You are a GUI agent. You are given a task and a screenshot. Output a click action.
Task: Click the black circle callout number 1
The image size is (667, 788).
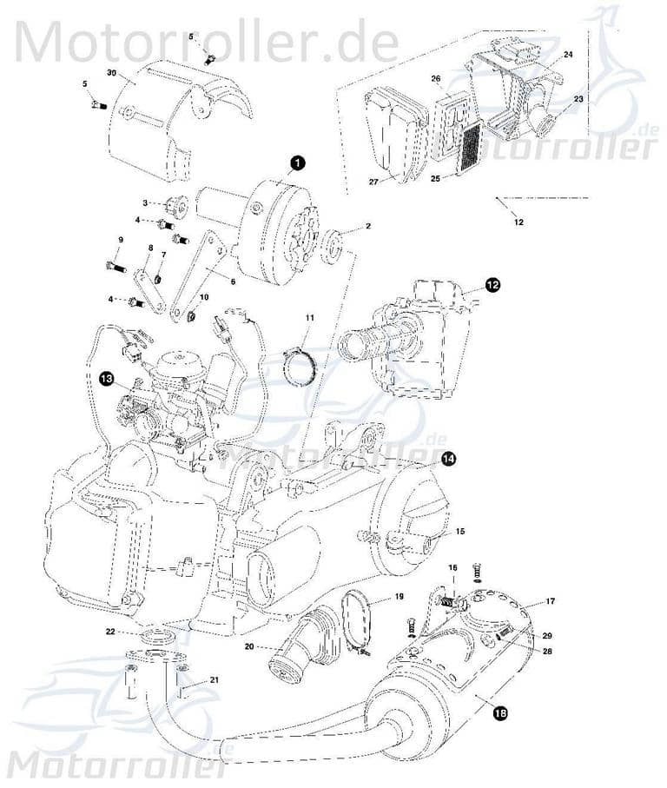coord(296,162)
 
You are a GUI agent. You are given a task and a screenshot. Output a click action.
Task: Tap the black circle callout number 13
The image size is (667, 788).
coord(106,378)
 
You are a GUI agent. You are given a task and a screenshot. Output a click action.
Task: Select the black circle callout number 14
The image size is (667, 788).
coord(448,459)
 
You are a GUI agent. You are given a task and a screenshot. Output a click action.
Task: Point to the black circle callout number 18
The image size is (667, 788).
coord(500,714)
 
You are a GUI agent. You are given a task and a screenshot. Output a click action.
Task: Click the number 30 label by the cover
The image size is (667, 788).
coord(110,72)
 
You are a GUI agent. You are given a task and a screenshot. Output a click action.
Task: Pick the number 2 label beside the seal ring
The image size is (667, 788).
coord(367,226)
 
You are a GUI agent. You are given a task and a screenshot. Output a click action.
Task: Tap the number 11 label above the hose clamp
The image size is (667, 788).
coord(308,320)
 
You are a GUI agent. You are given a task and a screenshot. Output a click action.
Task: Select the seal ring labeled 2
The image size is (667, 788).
coord(332,246)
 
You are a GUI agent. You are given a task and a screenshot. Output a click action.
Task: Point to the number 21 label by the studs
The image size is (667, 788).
coord(214,680)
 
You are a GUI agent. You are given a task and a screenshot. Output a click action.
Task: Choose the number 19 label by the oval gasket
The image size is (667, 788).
coord(399,597)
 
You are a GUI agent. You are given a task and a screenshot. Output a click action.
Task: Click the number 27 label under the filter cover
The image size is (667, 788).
coord(373,182)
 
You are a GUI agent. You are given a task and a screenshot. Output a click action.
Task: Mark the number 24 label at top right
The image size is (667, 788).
coord(568,55)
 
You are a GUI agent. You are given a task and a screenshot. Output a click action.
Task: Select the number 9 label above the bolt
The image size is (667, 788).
coord(121,240)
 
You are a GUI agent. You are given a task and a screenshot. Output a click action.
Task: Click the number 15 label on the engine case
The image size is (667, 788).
coord(460,530)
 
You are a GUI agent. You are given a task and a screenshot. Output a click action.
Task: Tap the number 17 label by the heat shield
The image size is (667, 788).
coord(550,601)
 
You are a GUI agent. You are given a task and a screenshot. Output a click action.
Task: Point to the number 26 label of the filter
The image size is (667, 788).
coord(436,79)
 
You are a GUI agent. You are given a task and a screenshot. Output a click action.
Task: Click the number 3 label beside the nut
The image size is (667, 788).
coord(146,202)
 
